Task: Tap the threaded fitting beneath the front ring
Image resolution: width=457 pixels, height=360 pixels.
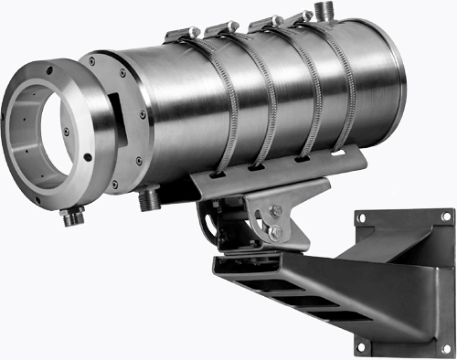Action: click(x=70, y=218)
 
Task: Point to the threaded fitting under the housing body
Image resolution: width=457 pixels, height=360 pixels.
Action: click(x=149, y=197)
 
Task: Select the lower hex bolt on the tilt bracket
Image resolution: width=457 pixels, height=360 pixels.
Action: click(x=275, y=234)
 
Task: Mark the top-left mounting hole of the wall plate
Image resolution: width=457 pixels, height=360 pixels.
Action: click(x=360, y=217)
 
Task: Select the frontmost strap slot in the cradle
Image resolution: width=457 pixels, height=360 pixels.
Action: click(x=220, y=172)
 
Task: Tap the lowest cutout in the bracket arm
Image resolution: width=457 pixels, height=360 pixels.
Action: click(x=330, y=315)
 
